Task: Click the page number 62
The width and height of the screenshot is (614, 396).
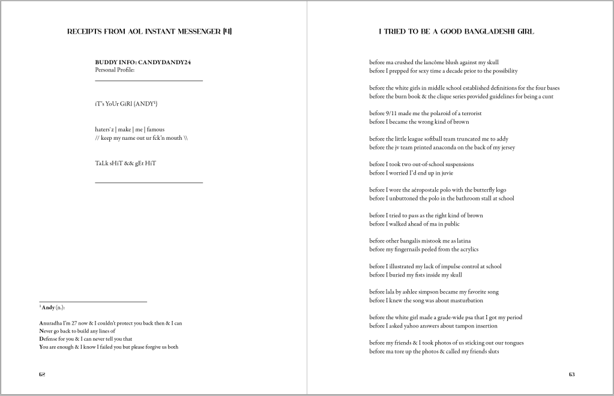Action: (42, 374)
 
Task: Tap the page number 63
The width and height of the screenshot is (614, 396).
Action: (571, 374)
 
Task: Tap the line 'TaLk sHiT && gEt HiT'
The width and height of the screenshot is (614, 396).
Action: (125, 163)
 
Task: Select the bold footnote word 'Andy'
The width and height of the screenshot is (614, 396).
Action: (48, 307)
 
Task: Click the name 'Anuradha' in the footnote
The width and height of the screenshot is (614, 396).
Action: (52, 323)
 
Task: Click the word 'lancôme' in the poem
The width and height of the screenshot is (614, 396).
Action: (426, 62)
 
